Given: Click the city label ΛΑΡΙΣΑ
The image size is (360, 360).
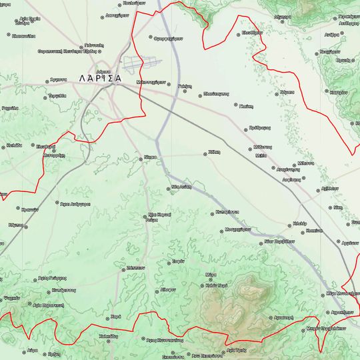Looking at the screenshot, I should click(100, 78).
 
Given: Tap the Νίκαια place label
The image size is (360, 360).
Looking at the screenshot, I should click(149, 158).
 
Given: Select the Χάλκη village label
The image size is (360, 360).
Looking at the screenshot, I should click(214, 153).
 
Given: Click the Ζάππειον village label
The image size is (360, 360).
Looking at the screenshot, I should click(136, 265).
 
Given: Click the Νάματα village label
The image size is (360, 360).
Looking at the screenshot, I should click(287, 92).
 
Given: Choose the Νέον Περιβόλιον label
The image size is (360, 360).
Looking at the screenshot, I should click(279, 242).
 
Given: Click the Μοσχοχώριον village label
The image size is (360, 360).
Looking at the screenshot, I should click(237, 229).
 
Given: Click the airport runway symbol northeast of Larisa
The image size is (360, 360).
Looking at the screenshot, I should click(151, 63).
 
